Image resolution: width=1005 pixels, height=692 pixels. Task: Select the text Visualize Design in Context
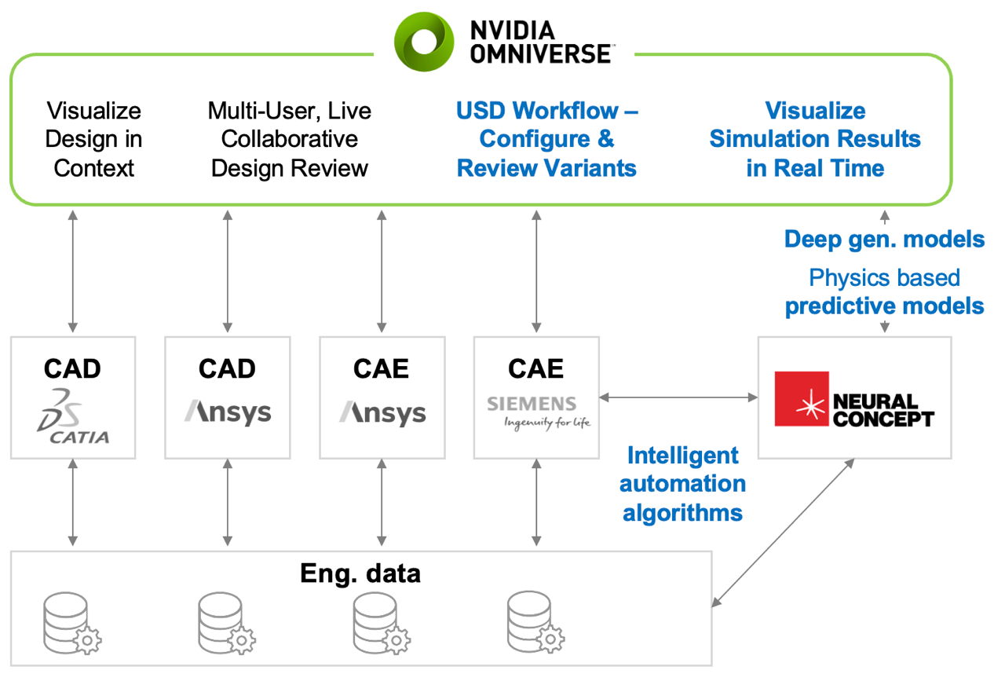94,139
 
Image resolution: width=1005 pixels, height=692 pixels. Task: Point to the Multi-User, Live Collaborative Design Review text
290,139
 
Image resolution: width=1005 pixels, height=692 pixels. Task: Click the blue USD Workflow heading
546,139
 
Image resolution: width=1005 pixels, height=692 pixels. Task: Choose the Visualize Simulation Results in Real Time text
815,139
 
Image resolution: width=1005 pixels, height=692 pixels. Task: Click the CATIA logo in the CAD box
73,416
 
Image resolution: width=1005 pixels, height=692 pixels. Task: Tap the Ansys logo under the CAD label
228,412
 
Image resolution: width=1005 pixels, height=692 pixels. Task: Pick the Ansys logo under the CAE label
382,412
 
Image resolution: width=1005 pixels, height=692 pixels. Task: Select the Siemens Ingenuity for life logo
537,412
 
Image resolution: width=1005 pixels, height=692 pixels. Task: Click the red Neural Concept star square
802,398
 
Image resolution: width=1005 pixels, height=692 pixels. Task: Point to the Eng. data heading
360,573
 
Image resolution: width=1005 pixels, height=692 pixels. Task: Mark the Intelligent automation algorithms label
682,484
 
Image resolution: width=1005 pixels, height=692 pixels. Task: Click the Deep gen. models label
884,239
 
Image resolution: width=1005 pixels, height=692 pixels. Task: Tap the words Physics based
884,278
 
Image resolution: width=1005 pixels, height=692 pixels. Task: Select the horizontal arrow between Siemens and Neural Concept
678,398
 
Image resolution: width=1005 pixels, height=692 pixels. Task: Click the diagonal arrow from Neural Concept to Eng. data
783,533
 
